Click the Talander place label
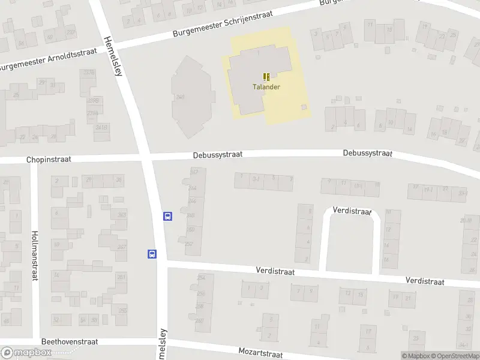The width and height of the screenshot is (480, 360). [x=266, y=86]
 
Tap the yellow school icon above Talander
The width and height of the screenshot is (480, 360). [x=266, y=77]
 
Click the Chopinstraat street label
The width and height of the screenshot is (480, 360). [x=49, y=160]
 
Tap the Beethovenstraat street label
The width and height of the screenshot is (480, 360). [x=69, y=341]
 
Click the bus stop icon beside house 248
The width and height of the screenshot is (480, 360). [x=168, y=216]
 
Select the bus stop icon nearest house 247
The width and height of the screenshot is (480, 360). [x=152, y=254]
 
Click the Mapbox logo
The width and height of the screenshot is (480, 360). [x=25, y=353]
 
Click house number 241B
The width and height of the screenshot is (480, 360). [x=101, y=127]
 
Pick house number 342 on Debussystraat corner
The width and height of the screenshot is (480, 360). [x=194, y=172]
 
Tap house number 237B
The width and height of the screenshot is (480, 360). [x=89, y=73]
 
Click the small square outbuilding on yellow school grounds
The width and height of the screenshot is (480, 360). [x=304, y=107]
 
